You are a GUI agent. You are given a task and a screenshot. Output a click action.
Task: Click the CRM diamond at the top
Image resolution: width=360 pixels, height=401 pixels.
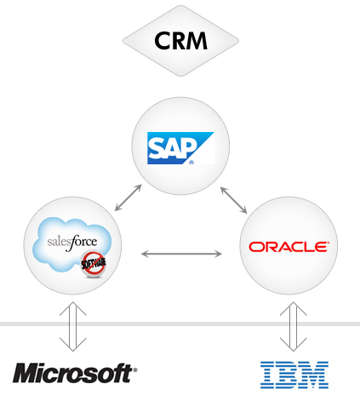coord(180,41)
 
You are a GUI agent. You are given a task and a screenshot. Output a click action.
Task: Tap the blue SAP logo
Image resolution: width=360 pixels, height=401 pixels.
coord(180,148)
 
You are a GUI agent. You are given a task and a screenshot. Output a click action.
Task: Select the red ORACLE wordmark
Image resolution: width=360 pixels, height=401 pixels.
coord(289,247)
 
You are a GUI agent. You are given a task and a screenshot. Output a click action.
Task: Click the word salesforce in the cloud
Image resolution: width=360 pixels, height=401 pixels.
coord(72,243)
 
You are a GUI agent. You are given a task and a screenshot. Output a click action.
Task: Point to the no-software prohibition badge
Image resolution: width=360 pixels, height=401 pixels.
coord(94,264)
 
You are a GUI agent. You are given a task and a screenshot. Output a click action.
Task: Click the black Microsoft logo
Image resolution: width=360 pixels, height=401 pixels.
coord(75,373)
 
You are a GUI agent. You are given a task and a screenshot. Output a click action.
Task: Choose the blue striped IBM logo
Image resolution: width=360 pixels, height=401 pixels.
coord(294,375)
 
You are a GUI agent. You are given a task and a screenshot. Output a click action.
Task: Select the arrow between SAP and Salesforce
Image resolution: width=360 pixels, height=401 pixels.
coord(128,198)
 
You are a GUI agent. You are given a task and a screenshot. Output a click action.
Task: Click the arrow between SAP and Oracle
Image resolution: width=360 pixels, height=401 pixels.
coord(234,200)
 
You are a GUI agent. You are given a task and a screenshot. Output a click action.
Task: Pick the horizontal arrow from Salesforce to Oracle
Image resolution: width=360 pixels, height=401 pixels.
coord(181,254)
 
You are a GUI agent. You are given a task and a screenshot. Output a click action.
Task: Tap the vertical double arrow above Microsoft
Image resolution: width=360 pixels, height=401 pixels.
coord(73,326)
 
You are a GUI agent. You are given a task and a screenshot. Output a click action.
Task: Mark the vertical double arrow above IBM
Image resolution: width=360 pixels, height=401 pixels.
coord(294,326)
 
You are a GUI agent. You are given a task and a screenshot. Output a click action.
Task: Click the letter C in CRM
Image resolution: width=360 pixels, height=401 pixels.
coord(163,41)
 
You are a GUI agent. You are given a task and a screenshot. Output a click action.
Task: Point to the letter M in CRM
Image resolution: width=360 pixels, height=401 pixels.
coord(197,41)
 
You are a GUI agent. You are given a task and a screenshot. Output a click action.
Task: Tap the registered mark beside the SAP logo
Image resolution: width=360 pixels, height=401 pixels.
coord(191,163)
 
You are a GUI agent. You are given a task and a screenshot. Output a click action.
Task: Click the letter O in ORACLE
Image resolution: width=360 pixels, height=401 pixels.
coord(254,247)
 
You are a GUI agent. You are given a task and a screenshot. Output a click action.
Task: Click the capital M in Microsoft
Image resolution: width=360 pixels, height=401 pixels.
coord(26,373)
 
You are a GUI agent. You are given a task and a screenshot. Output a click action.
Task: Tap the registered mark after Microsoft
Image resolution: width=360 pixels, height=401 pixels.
coord(135,369)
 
